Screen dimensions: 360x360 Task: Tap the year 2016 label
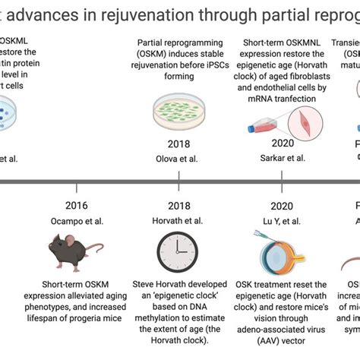tap(76, 205)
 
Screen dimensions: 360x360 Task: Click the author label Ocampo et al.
tap(76, 220)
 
